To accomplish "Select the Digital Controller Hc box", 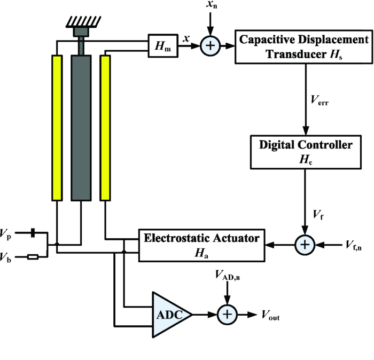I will click(x=304, y=150).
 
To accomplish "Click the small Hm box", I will click(x=163, y=46).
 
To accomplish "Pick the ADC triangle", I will click(x=170, y=315).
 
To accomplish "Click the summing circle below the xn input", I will click(x=211, y=46).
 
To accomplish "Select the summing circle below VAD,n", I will click(x=228, y=315).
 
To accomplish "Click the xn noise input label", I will click(x=212, y=8).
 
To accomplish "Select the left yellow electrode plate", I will click(x=57, y=128).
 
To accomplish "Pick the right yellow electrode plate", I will click(x=105, y=128).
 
